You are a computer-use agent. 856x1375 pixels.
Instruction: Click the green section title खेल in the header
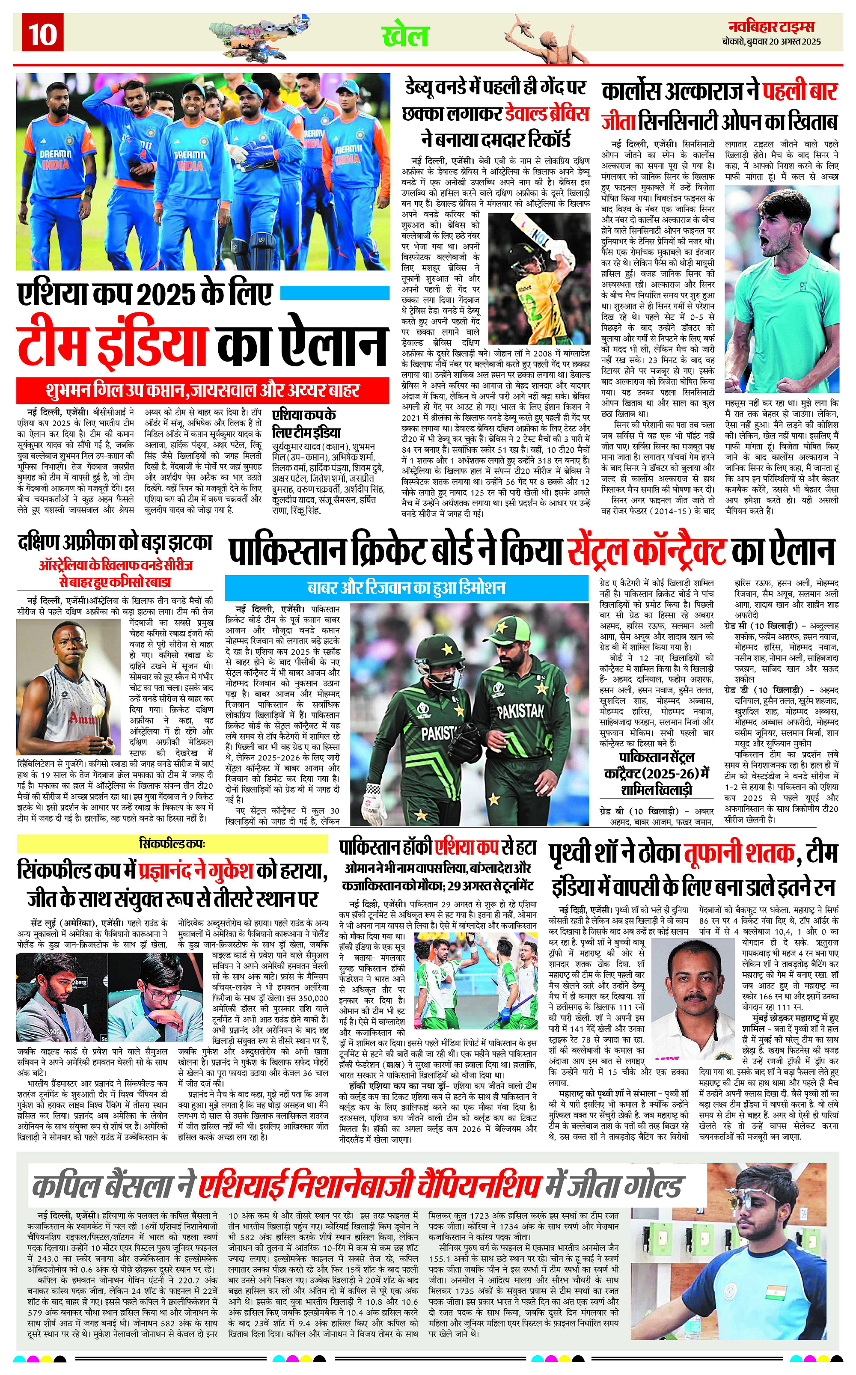(x=405, y=36)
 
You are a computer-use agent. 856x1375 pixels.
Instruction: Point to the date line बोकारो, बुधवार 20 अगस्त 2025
(x=771, y=42)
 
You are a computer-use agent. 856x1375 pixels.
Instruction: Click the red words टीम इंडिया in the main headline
(x=112, y=344)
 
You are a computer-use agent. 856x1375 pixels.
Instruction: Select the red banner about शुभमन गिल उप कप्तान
(x=203, y=391)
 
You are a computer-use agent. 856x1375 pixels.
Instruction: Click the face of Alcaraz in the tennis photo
(x=777, y=223)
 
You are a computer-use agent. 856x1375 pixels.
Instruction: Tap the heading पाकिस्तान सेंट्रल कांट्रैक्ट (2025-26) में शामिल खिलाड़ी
(x=656, y=774)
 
